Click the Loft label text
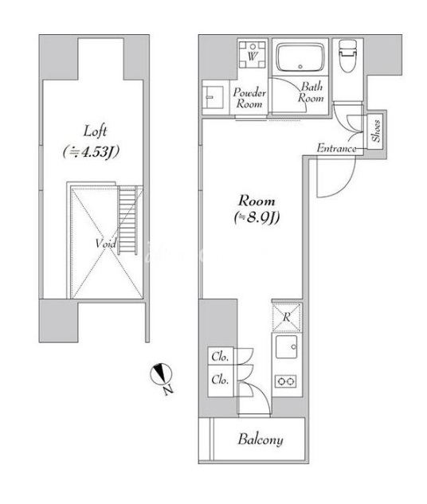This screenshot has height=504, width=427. pos(95,131)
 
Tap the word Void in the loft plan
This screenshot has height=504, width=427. pos(105,244)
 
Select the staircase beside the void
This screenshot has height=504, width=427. pos(127,220)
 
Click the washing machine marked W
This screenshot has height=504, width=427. pos(253,54)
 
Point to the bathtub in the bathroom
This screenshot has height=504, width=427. pos(300,58)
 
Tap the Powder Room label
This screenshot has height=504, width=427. pos(249,98)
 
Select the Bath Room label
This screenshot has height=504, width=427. pos(311,92)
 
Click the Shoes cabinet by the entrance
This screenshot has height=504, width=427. pos(375,131)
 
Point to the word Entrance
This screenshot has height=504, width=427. pos(337,148)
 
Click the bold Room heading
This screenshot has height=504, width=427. pos(257,201)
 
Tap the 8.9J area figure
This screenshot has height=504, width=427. pos(257,217)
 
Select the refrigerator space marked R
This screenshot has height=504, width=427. pos(287,317)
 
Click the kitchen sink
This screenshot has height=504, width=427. pos(286,347)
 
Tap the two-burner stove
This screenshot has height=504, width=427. pos(285,381)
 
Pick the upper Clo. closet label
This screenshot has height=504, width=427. pos(220,357)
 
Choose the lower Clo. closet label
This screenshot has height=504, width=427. pos(220,380)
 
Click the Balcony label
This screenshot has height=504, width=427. pos(261,440)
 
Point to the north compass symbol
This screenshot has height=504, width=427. pos(161,374)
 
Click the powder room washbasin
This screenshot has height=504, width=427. pos(213,97)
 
